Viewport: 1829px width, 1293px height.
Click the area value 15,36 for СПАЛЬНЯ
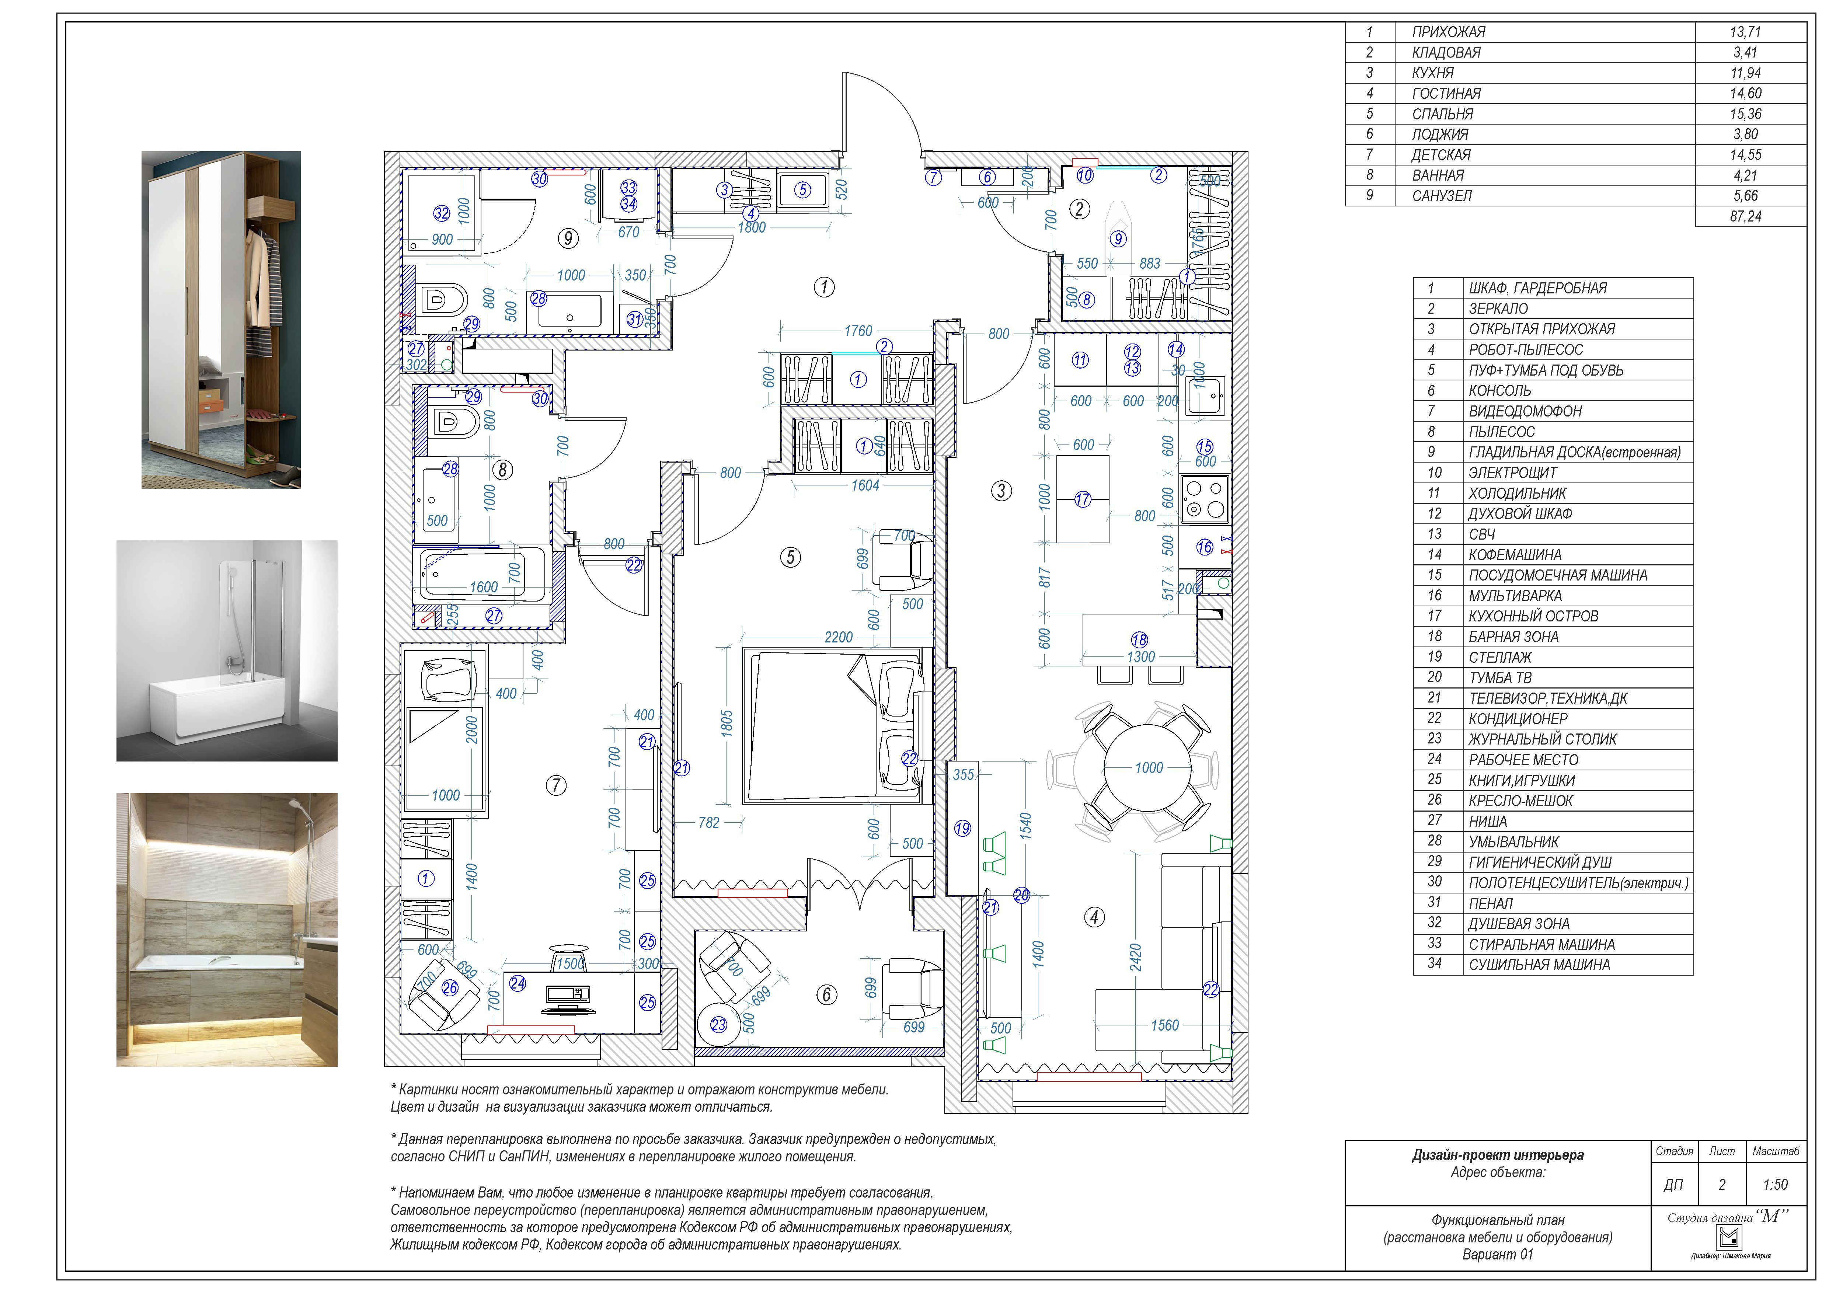click(1745, 114)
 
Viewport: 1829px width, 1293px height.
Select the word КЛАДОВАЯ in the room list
click(1446, 53)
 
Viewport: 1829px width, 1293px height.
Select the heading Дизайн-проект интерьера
click(1498, 1155)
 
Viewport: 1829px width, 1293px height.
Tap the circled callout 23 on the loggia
click(718, 1025)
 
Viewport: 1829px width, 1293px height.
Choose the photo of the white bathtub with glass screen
click(227, 651)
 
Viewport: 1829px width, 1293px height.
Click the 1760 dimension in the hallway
click(858, 331)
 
